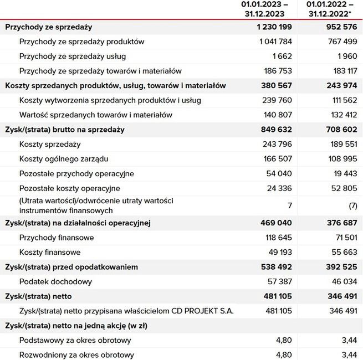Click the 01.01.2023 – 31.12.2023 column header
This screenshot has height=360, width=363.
(264, 9)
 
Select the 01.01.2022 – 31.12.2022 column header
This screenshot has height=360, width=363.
(331, 9)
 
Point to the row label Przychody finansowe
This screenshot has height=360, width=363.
(57, 238)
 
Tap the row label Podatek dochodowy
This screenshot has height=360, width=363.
(55, 281)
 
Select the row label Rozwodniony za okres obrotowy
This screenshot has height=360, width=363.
(76, 354)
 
